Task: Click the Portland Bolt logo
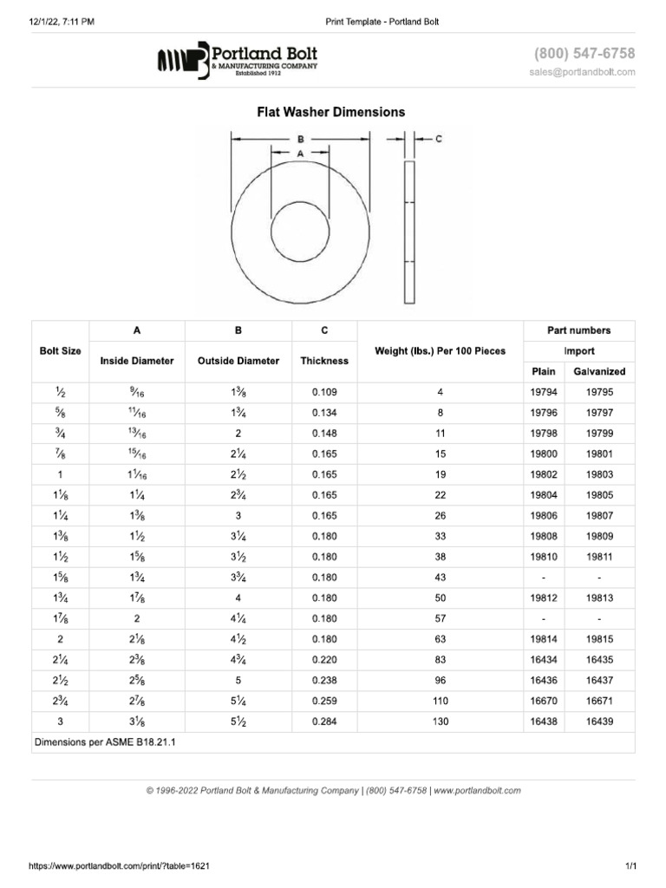(x=237, y=60)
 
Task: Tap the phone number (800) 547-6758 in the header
(x=584, y=54)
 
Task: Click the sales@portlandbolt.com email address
(x=582, y=72)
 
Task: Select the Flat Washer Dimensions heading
(x=330, y=112)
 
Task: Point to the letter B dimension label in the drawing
(x=300, y=138)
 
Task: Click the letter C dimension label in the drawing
(x=439, y=138)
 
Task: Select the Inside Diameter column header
(x=137, y=361)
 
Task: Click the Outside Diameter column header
(x=238, y=361)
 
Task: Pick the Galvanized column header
(x=599, y=371)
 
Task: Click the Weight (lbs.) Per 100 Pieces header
(x=440, y=351)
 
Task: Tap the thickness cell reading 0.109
(x=323, y=392)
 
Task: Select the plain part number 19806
(x=544, y=516)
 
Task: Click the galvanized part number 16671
(x=599, y=701)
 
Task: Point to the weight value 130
(x=441, y=721)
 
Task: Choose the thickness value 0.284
(x=323, y=721)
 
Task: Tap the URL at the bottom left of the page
(x=108, y=866)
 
